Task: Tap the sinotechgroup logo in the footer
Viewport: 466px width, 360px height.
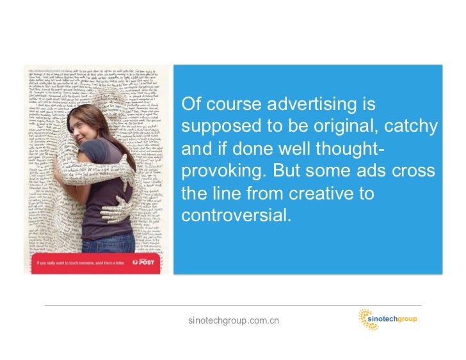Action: pyautogui.click(x=387, y=318)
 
